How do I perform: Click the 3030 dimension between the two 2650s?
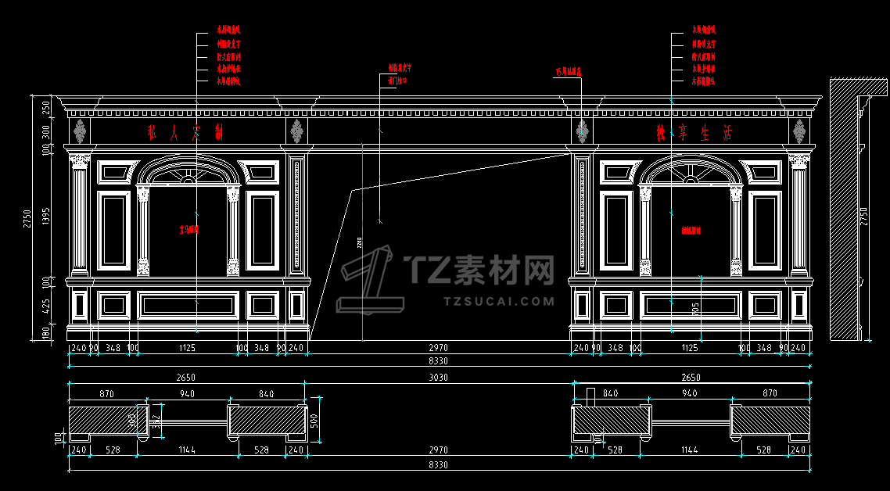438,378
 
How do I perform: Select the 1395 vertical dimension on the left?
46,215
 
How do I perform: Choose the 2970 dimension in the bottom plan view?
438,450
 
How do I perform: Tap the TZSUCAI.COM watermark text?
499,301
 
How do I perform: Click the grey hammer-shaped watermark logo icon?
368,280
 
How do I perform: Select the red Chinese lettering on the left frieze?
185,133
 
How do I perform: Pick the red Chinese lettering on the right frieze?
695,134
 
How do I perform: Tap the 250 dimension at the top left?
46,106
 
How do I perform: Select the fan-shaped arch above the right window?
689,169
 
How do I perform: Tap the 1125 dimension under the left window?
187,348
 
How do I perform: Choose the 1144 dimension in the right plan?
689,450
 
